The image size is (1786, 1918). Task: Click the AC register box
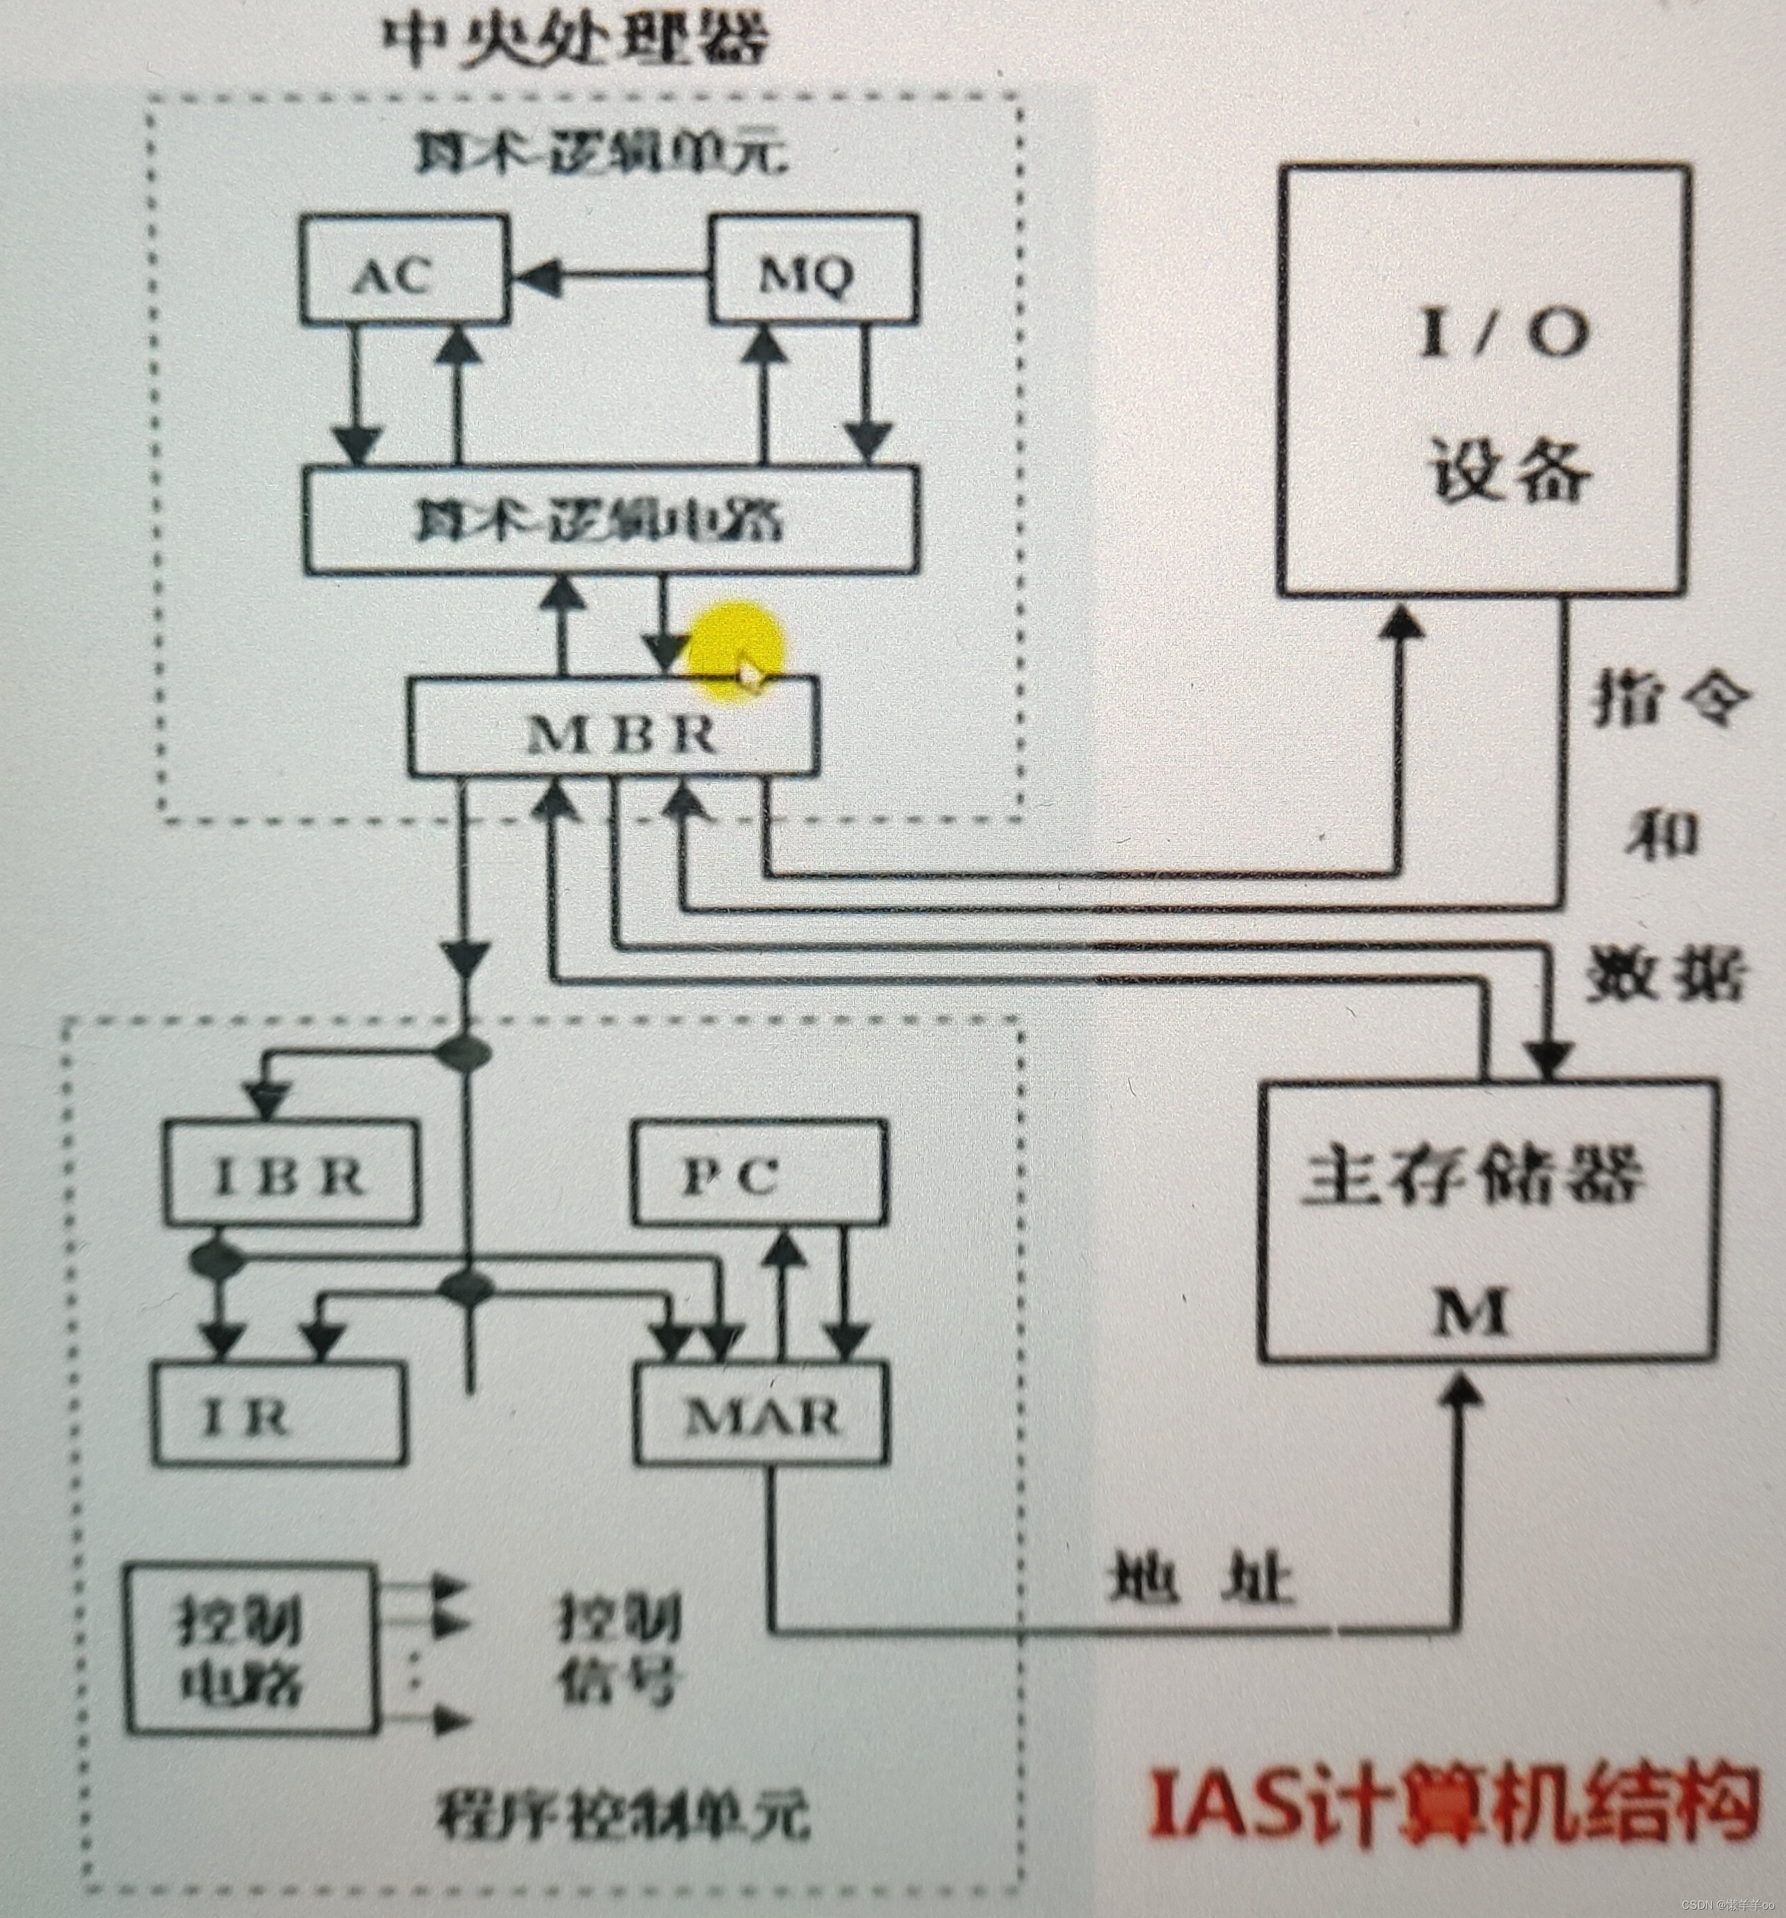click(x=404, y=270)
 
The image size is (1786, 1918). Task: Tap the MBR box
click(x=615, y=726)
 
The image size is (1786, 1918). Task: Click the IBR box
click(x=291, y=1173)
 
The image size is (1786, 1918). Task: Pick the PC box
click(x=759, y=1173)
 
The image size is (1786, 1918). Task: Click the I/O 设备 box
click(x=1484, y=378)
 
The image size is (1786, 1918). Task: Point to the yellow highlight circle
click(x=735, y=648)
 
